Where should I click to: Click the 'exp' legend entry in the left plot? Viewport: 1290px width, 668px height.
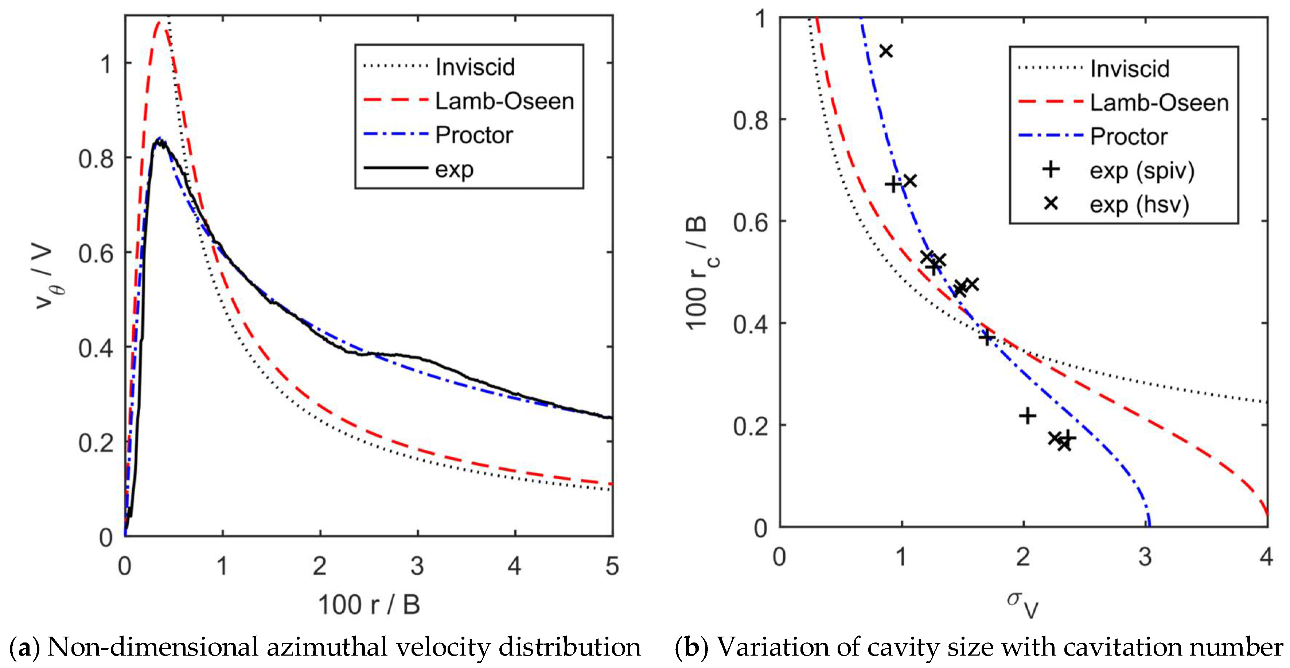tap(454, 170)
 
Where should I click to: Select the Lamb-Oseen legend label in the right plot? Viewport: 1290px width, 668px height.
tap(1159, 103)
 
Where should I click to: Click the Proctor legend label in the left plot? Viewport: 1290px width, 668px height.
tap(474, 135)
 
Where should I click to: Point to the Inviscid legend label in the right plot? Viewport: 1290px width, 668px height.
tap(1130, 69)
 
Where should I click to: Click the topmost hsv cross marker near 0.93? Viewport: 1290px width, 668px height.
tap(886, 51)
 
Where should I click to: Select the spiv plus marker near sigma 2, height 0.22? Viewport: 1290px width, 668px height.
tap(1027, 415)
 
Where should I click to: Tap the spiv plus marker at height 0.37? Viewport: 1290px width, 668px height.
tap(986, 337)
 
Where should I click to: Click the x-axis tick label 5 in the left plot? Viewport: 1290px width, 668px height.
tap(612, 566)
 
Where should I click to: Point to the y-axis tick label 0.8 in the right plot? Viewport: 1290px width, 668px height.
tap(750, 120)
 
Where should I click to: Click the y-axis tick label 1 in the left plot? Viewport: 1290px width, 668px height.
tap(106, 64)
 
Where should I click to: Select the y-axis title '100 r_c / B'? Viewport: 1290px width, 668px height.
tap(699, 273)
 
